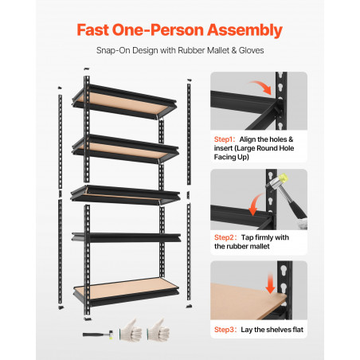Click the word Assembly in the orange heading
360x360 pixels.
245,30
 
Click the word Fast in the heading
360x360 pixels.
93,29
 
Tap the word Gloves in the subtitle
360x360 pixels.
251,50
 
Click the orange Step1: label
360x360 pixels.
225,139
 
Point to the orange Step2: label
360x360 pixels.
225,237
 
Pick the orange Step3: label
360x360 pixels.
225,330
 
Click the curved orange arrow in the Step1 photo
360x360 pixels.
261,87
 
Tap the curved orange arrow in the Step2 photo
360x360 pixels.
256,204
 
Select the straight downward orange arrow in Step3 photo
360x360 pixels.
270,284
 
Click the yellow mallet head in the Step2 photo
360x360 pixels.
282,178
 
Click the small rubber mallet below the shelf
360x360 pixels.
98,335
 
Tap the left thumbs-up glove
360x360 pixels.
131,331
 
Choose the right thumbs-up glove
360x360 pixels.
158,331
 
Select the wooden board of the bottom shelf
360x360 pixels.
126,288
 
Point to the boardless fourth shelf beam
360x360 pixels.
126,237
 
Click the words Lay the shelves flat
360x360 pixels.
272,330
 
